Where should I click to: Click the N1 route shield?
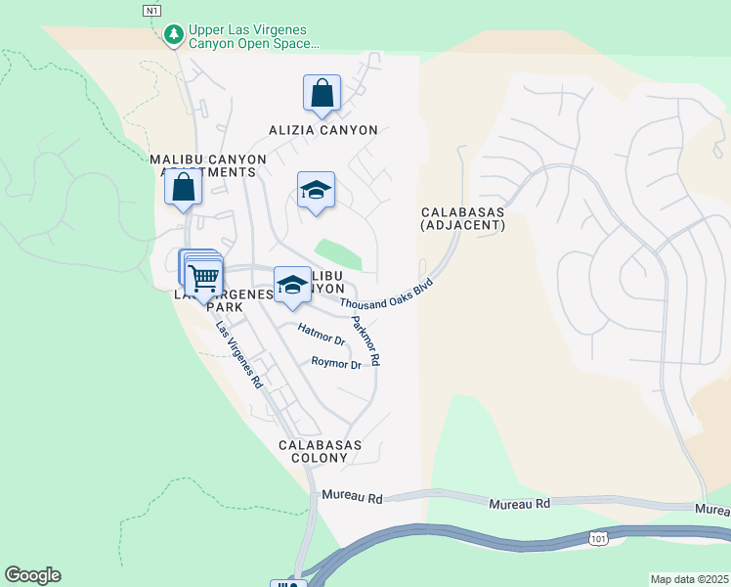click(150, 11)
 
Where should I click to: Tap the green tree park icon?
click(173, 36)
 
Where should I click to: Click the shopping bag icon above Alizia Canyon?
click(322, 94)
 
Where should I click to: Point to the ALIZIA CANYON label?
click(322, 129)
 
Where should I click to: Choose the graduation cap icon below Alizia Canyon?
click(316, 190)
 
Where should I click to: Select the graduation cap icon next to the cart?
click(291, 285)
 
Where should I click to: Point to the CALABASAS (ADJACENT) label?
click(463, 218)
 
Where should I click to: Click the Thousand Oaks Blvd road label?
click(387, 294)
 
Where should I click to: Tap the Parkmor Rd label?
click(365, 340)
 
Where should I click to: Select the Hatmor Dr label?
click(322, 337)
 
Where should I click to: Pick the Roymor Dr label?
click(336, 363)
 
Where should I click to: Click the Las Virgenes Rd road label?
click(238, 356)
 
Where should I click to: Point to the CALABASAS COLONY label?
click(320, 452)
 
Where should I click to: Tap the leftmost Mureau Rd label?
click(352, 497)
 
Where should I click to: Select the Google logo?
click(32, 575)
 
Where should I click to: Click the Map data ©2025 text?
click(689, 579)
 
